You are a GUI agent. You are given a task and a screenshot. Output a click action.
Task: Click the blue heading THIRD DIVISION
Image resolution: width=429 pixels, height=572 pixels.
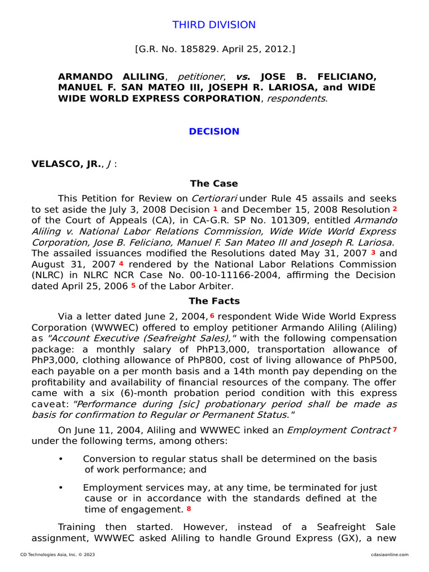point(214,25)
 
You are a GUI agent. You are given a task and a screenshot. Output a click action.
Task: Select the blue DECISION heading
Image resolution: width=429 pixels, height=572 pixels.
point(214,131)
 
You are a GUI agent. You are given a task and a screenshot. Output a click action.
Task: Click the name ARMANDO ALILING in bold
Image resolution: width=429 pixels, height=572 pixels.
point(111,76)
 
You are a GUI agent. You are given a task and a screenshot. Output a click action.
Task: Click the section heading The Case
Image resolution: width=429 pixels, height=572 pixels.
point(214,183)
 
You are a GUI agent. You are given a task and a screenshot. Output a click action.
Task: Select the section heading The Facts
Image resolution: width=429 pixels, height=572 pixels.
point(214,301)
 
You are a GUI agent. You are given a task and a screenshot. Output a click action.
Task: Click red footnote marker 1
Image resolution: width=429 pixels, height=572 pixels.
point(216,209)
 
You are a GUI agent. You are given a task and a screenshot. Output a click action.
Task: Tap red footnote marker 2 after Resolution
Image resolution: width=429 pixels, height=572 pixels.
point(394,209)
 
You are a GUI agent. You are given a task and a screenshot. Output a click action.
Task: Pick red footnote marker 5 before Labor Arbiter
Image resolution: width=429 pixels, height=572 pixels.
point(133,285)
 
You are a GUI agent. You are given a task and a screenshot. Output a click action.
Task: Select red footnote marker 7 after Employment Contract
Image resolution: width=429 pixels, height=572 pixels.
point(394,430)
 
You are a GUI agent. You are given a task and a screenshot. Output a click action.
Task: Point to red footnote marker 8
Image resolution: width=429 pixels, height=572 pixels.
point(188,509)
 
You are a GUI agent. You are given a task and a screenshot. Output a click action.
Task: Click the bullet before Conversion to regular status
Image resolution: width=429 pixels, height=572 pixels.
point(61,459)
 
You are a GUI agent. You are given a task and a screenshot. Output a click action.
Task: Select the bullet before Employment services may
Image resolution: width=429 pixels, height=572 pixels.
point(61,487)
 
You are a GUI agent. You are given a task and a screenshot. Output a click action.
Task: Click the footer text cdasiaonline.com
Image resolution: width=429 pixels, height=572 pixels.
point(389,555)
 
